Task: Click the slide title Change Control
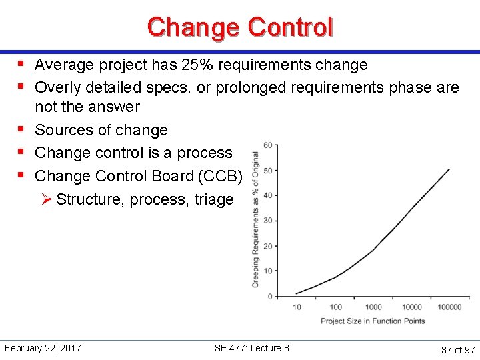click(240, 27)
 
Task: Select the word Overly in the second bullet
click(57, 87)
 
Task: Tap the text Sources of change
click(101, 130)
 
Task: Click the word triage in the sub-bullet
click(214, 199)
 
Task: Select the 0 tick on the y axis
click(269, 296)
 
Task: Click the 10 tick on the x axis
click(297, 307)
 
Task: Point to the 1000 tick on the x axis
click(373, 307)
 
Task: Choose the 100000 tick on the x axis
click(449, 307)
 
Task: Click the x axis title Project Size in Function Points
click(373, 321)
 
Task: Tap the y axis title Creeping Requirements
click(255, 220)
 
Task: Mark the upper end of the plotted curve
click(449, 169)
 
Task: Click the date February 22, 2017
click(43, 348)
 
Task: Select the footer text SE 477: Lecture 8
click(252, 348)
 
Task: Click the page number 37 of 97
click(457, 349)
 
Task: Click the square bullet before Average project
click(22, 65)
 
